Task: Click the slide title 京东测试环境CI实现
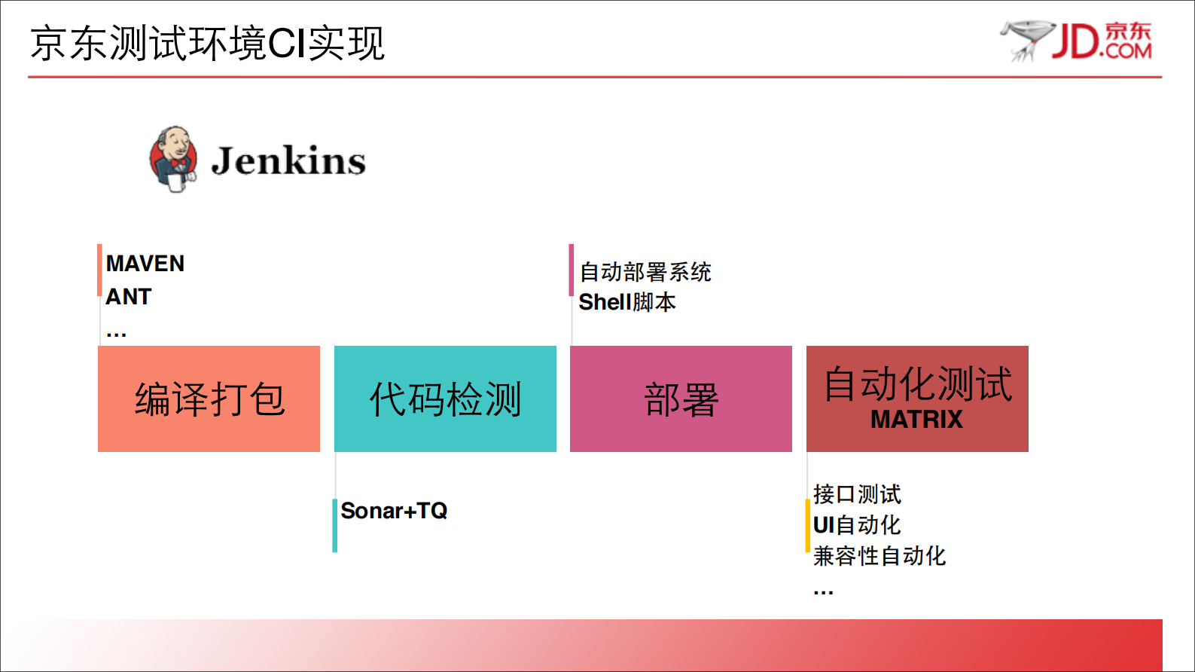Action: (x=207, y=44)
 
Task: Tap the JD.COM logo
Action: (x=1077, y=41)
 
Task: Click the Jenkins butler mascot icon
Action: (x=173, y=159)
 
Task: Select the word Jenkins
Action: (x=288, y=160)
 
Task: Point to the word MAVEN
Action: (x=145, y=264)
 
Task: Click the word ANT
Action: (x=129, y=297)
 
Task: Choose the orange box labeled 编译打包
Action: (x=209, y=399)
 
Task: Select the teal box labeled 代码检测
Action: (x=445, y=399)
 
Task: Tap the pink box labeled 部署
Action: (x=681, y=399)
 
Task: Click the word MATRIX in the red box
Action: (x=916, y=420)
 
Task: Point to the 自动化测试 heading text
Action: (x=917, y=384)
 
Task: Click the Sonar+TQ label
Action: (x=394, y=511)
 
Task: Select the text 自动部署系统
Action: (x=645, y=272)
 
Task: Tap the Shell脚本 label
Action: (x=626, y=302)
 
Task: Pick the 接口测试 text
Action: (x=857, y=494)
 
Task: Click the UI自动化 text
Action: (x=857, y=525)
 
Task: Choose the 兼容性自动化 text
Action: (x=879, y=556)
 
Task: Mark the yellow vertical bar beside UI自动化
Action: (x=808, y=525)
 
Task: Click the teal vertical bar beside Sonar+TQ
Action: (x=335, y=525)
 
